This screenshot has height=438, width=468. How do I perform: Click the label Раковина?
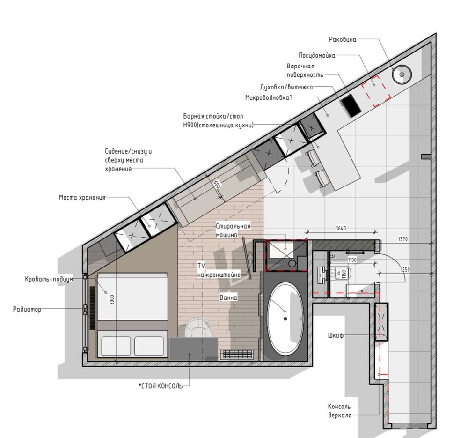pos(343,39)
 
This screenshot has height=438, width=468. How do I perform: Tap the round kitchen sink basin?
pos(402,74)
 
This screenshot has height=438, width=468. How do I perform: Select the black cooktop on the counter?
pos(351,105)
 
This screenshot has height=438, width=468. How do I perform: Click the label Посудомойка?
pos(317,56)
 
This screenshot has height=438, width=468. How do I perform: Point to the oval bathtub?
pos(285,319)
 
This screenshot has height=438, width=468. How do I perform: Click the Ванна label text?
pos(228,297)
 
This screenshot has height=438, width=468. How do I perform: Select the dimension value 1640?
pos(341,228)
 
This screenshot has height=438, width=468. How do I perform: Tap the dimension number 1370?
pos(402,239)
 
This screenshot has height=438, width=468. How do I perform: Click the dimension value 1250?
pos(405,269)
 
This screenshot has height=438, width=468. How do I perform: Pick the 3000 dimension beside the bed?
pos(112,299)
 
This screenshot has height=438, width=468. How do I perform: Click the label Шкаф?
pos(336,335)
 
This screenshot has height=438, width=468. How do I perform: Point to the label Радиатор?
pos(27,309)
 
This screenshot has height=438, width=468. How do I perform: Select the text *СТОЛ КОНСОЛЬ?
pos(161,386)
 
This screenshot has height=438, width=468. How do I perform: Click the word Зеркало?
pos(340,416)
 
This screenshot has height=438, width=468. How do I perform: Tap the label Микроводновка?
pos(269,98)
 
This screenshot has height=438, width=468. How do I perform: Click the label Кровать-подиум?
pos(49,279)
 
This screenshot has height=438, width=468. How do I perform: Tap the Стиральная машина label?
pos(233,230)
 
